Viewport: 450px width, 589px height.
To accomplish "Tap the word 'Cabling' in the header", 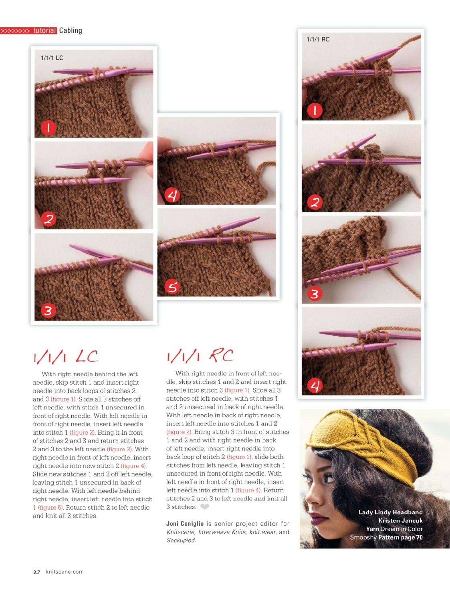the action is pyautogui.click(x=71, y=30).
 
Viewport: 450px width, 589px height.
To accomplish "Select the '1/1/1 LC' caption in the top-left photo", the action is pyautogui.click(x=52, y=58).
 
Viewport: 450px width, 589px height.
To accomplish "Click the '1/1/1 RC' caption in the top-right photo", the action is pyautogui.click(x=318, y=39).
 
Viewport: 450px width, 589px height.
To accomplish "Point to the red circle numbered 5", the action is pyautogui.click(x=172, y=287).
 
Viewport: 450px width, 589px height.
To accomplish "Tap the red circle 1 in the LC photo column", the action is pyautogui.click(x=48, y=128).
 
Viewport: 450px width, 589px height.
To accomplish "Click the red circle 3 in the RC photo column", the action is pyautogui.click(x=315, y=294).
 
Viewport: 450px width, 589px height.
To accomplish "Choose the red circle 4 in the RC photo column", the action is pyautogui.click(x=315, y=386).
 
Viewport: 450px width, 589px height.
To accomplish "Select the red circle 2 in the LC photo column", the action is pyautogui.click(x=48, y=220).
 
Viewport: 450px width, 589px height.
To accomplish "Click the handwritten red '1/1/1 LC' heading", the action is pyautogui.click(x=66, y=357).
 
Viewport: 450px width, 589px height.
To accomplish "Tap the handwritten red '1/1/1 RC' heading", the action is pyautogui.click(x=200, y=356).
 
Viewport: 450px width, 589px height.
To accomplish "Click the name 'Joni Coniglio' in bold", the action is pyautogui.click(x=185, y=523).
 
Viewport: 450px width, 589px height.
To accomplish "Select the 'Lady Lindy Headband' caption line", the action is pyautogui.click(x=390, y=512).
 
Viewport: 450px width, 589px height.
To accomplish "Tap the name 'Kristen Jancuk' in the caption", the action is pyautogui.click(x=400, y=520).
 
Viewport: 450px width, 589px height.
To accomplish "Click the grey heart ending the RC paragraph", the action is pyautogui.click(x=204, y=507).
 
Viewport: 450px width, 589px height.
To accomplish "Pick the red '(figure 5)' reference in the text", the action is pyautogui.click(x=50, y=507).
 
